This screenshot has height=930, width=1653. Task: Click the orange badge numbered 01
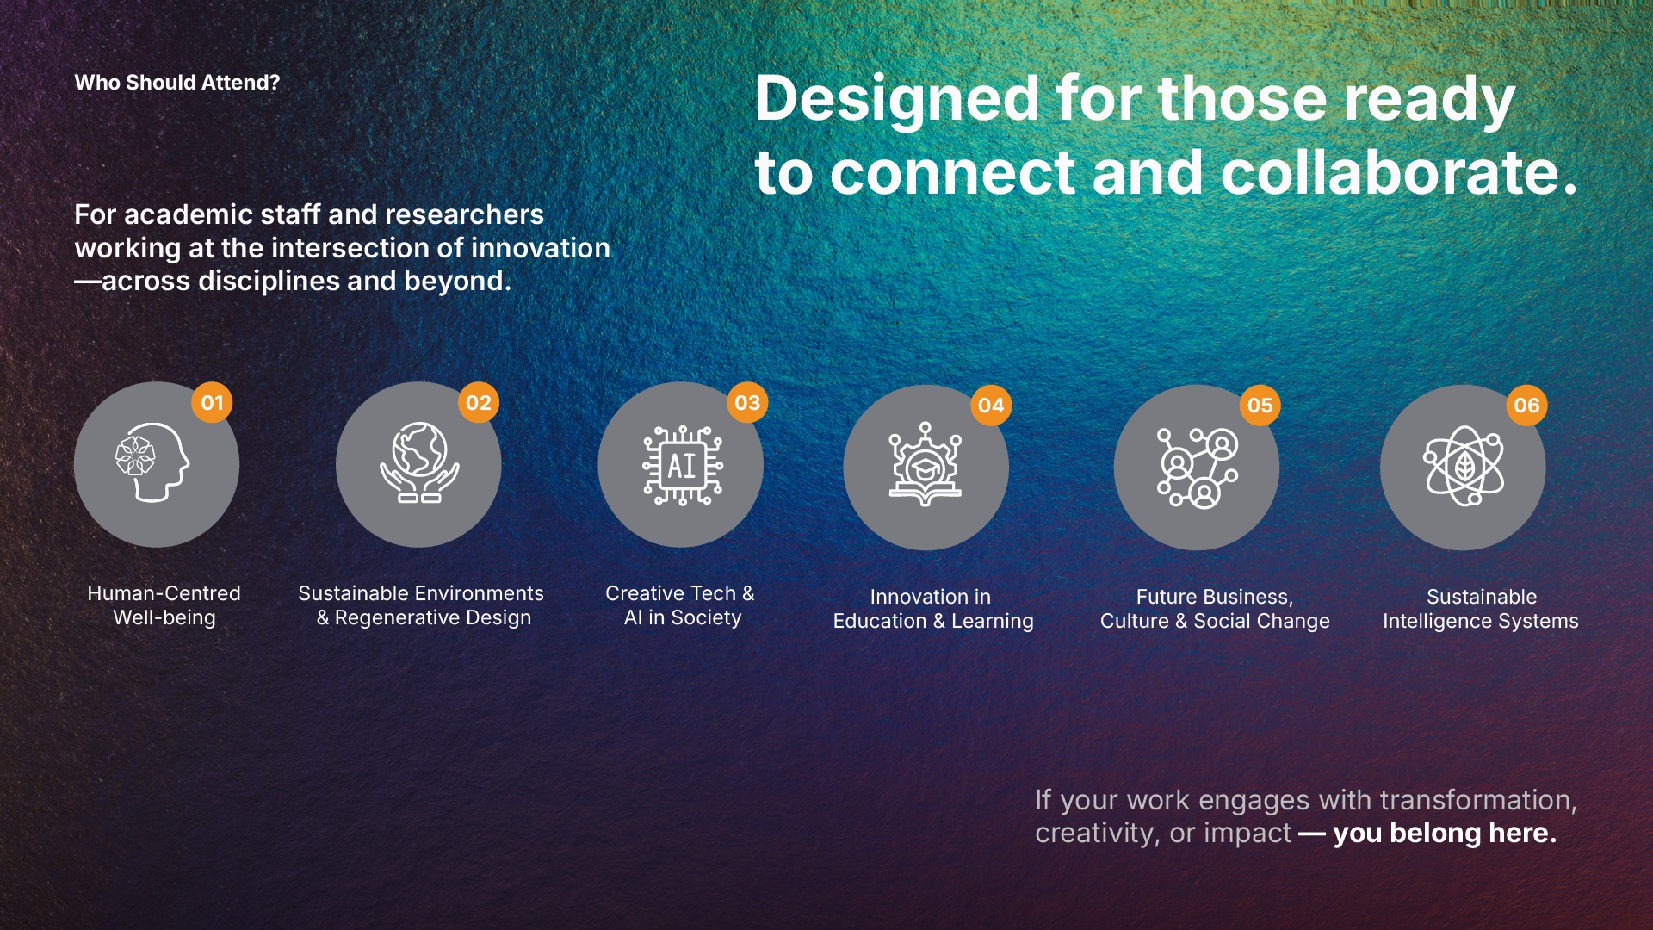tap(212, 402)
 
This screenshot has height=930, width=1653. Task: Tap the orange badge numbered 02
tap(479, 402)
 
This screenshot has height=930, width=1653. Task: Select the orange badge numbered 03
tap(747, 402)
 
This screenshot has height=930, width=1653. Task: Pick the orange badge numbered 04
tap(991, 406)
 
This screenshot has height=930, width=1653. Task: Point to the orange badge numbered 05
tap(1260, 406)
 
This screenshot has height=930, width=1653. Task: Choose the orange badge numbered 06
tap(1526, 406)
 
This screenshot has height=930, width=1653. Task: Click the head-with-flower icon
tap(152, 462)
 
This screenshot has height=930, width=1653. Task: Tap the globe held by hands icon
tap(419, 462)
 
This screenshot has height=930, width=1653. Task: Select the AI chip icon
tap(683, 465)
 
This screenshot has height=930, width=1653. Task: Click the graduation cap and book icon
tap(926, 464)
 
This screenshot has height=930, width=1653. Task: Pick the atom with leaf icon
tap(1464, 466)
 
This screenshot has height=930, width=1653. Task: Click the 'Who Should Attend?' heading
tap(177, 83)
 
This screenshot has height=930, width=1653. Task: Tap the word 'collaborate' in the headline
tap(1389, 172)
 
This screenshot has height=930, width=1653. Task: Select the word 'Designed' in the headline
tap(897, 99)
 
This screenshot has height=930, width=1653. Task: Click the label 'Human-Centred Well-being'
tap(164, 605)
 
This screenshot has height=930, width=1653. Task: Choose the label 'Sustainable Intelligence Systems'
tap(1481, 609)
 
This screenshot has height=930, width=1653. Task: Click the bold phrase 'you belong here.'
tap(1445, 833)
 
